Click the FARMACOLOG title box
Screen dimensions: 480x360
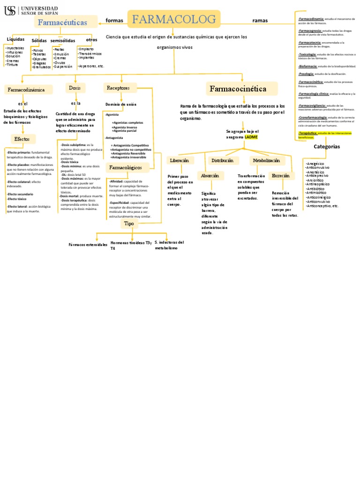pos(174,19)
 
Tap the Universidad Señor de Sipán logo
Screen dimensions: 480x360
pos(31,10)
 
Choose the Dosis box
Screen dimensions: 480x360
pos(75,88)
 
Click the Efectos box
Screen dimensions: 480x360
pos(22,139)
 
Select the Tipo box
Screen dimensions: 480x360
pos(128,224)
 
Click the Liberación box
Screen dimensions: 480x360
pos(179,160)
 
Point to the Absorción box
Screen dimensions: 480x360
pos(210,175)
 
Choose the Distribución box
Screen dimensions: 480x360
pos(222,160)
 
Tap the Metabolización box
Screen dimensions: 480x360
pos(266,160)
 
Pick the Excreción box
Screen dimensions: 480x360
pos(280,175)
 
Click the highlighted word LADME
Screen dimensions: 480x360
pos(251,137)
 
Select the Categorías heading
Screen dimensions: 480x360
pos(327,146)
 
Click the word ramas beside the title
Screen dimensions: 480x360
pos(260,21)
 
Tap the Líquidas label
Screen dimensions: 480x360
pos(15,39)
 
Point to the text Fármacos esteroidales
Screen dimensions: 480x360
pos(88,245)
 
